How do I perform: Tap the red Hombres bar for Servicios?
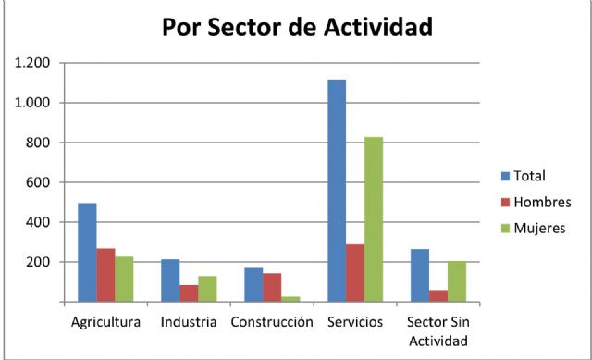click(x=355, y=273)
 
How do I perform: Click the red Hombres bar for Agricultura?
click(x=105, y=275)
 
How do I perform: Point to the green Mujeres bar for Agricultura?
click(x=124, y=279)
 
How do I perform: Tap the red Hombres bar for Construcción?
click(x=272, y=287)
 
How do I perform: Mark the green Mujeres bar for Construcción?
click(x=290, y=299)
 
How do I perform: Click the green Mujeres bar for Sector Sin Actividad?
click(x=457, y=281)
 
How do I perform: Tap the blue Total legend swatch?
click(x=505, y=175)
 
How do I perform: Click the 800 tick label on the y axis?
click(x=38, y=143)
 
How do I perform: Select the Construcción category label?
click(x=272, y=323)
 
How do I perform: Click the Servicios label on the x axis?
click(x=355, y=323)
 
